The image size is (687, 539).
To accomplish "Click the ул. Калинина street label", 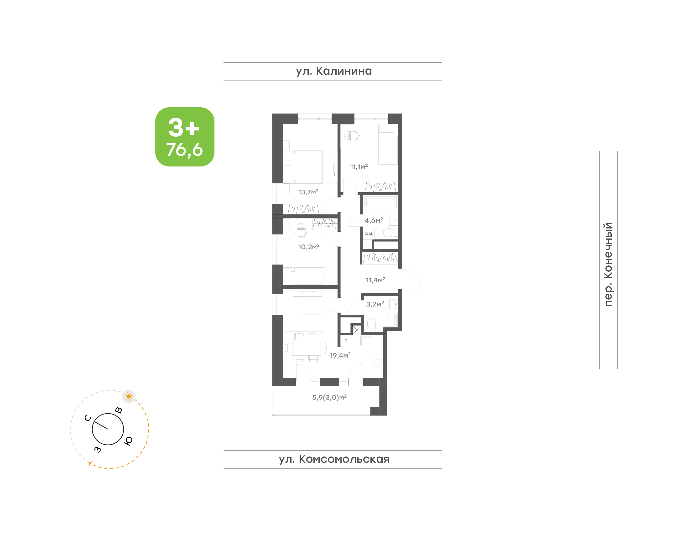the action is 334,71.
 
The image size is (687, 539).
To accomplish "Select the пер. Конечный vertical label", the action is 608,264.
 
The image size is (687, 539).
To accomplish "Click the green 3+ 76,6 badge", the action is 185,137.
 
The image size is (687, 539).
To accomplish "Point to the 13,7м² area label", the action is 308,192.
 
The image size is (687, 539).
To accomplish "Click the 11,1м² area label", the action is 359,167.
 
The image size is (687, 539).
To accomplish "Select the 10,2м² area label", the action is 309,247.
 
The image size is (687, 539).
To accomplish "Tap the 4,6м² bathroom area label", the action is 374,220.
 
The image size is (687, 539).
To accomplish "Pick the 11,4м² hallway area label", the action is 375,280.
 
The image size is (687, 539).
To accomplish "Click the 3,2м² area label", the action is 375,304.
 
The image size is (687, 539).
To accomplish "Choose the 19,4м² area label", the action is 340,355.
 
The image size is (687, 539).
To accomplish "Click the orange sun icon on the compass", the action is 128,396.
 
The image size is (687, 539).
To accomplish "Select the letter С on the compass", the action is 88,418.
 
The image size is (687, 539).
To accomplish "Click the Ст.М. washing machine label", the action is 368,233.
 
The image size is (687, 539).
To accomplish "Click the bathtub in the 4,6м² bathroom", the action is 380,202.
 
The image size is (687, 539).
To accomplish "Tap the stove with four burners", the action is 377,362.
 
